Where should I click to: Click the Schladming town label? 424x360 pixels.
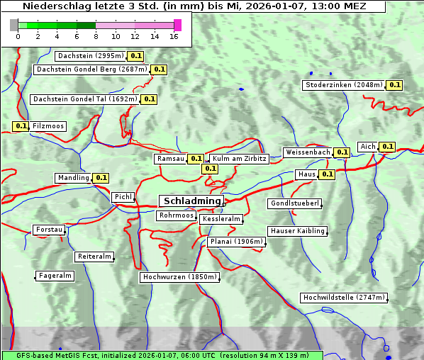pyautogui.click(x=192, y=201)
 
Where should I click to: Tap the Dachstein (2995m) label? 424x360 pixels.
pyautogui.click(x=90, y=55)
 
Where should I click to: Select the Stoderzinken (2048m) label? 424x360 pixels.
pyautogui.click(x=344, y=85)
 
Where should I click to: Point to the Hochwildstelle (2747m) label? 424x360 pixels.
pyautogui.click(x=345, y=298)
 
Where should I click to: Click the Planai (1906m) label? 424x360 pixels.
pyautogui.click(x=237, y=242)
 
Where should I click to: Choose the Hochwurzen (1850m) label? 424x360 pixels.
pyautogui.click(x=179, y=277)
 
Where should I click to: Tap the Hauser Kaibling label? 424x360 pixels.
pyautogui.click(x=298, y=231)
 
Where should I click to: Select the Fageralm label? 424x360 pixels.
pyautogui.click(x=55, y=276)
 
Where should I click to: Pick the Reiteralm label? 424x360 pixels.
pyautogui.click(x=94, y=257)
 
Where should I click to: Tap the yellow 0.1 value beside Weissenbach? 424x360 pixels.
pyautogui.click(x=342, y=152)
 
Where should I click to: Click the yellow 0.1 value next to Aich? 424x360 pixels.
pyautogui.click(x=387, y=147)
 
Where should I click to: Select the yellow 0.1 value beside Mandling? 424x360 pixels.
pyautogui.click(x=101, y=178)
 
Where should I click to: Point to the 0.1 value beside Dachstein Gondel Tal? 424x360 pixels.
pyautogui.click(x=149, y=99)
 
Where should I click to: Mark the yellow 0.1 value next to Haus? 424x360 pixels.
pyautogui.click(x=327, y=174)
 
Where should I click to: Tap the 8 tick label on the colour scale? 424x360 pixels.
pyautogui.click(x=96, y=35)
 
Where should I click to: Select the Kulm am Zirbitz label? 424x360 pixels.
pyautogui.click(x=239, y=159)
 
